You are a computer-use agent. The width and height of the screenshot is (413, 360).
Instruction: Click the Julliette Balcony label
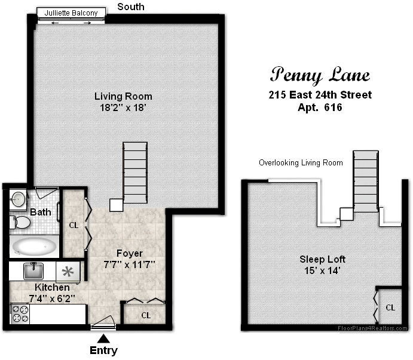(x=71, y=13)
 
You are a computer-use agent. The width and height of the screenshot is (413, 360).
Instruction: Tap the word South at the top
(x=131, y=7)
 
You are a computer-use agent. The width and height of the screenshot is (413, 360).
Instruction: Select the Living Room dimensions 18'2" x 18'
(x=123, y=107)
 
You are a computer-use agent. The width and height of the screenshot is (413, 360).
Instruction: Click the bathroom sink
(x=18, y=199)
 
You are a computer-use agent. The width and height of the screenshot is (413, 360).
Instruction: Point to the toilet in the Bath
(x=20, y=222)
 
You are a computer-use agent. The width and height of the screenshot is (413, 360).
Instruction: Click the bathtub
(x=34, y=247)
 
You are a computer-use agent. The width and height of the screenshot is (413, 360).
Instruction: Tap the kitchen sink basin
(x=33, y=271)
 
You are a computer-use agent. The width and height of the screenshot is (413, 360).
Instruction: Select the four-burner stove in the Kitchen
(x=20, y=314)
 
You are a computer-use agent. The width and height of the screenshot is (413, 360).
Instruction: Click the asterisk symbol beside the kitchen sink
(x=68, y=272)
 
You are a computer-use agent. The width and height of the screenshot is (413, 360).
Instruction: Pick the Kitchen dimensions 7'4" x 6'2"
(x=52, y=299)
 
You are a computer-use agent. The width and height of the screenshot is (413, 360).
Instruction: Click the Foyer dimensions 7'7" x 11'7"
(x=129, y=264)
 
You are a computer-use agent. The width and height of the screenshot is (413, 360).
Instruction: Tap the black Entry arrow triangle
(x=103, y=339)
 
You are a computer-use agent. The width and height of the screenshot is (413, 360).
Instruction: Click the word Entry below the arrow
(x=103, y=351)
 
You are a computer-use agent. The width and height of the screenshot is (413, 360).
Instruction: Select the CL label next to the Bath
(x=74, y=225)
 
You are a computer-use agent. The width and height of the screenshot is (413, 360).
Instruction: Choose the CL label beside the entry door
(x=146, y=315)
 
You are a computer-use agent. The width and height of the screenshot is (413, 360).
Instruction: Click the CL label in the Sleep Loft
(x=390, y=307)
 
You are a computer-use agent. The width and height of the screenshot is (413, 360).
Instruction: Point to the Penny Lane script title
(x=320, y=75)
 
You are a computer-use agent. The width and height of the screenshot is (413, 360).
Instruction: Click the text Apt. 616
(x=320, y=107)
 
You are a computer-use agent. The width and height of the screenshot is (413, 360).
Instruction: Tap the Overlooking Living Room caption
(x=301, y=162)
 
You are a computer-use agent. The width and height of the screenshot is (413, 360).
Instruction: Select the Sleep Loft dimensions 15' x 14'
(x=322, y=270)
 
